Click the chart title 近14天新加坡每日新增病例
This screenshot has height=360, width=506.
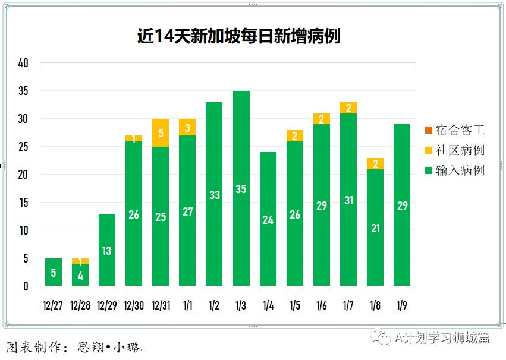coord(238,36)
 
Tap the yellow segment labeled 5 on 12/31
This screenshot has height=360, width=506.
coord(161,133)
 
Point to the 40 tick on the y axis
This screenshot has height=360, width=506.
coord(23,63)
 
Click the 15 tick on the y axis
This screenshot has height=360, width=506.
coord(23,203)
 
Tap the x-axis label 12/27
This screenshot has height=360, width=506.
coord(53,305)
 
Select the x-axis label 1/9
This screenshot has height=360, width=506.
coord(403,305)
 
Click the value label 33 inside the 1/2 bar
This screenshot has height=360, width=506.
coord(215,195)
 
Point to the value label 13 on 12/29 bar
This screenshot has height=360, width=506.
coord(107,251)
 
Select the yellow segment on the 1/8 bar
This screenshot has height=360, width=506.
coord(375,164)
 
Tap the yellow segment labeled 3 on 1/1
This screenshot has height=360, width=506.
coord(187,128)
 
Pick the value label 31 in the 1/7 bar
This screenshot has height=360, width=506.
coord(348,201)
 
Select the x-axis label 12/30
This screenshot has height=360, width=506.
coord(134,305)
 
